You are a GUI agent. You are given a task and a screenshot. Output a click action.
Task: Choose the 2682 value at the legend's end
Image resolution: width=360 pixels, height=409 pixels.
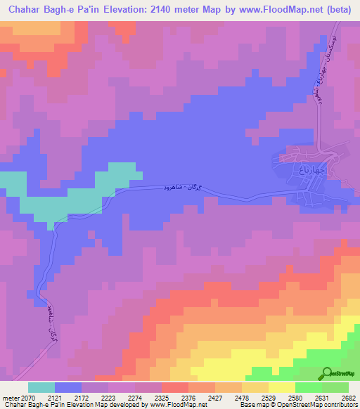(x=347, y=398)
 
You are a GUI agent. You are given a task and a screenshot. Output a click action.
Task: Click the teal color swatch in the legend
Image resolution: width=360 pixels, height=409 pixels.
(x=41, y=387)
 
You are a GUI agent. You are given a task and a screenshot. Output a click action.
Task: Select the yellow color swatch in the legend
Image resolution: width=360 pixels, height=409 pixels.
(x=281, y=387)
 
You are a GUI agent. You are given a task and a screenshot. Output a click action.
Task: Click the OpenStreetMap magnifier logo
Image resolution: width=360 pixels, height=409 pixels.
(x=328, y=373)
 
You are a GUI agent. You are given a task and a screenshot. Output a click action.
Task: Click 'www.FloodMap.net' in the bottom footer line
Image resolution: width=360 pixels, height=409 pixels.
(x=176, y=405)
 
